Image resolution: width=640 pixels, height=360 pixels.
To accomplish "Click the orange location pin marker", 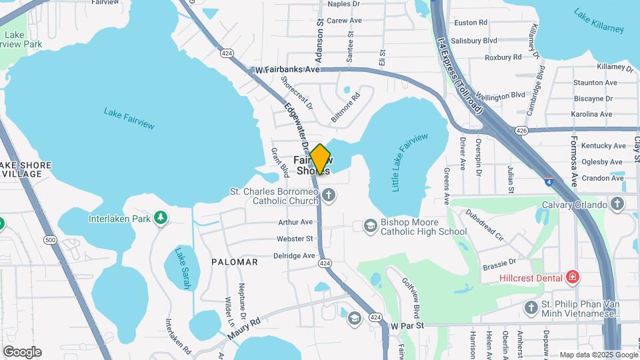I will [x=321, y=159].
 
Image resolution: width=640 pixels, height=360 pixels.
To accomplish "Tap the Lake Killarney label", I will [x=599, y=21].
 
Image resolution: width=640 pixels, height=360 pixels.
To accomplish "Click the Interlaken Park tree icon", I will [x=160, y=217].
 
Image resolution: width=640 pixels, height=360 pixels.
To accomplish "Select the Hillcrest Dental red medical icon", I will [x=571, y=277].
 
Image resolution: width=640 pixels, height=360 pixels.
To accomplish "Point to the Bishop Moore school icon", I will [x=369, y=227].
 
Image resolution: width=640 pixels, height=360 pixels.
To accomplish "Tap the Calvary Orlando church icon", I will [x=618, y=204].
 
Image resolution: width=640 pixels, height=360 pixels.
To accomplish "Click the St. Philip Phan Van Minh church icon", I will [x=531, y=307].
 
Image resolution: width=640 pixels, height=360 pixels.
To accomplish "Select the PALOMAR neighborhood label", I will [x=235, y=262].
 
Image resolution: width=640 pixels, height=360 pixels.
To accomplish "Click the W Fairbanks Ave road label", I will [x=287, y=69].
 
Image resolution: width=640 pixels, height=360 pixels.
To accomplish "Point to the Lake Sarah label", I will [x=182, y=268].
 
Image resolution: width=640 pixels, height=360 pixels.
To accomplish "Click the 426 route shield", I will [x=522, y=130].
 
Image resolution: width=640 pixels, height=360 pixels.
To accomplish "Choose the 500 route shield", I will [x=49, y=239].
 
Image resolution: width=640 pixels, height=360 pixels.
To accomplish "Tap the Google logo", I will [x=22, y=351].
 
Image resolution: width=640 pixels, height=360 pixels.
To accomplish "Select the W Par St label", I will [x=407, y=326].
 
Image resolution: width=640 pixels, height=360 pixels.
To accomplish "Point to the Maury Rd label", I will [x=245, y=326].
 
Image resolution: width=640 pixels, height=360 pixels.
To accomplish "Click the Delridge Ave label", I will [x=294, y=255].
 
